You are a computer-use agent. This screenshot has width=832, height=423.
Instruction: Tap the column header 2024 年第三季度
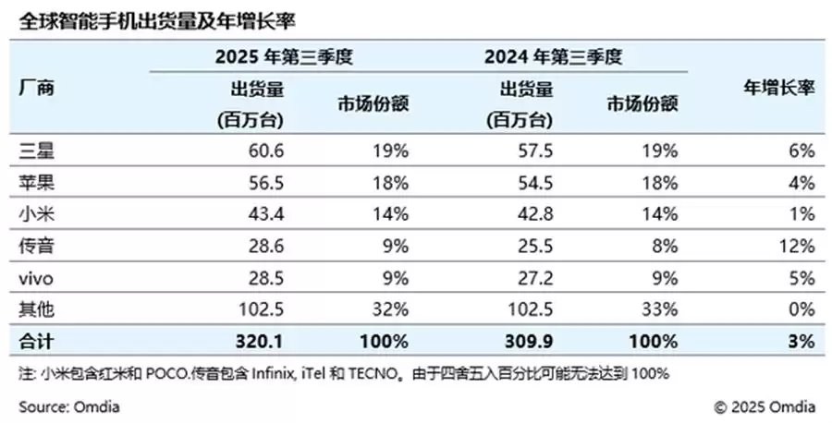pos(553,57)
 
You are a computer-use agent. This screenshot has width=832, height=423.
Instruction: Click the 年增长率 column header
pos(778,90)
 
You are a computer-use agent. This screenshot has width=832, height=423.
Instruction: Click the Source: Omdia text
pos(69,406)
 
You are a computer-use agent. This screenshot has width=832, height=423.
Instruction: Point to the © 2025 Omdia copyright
pos(765,406)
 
